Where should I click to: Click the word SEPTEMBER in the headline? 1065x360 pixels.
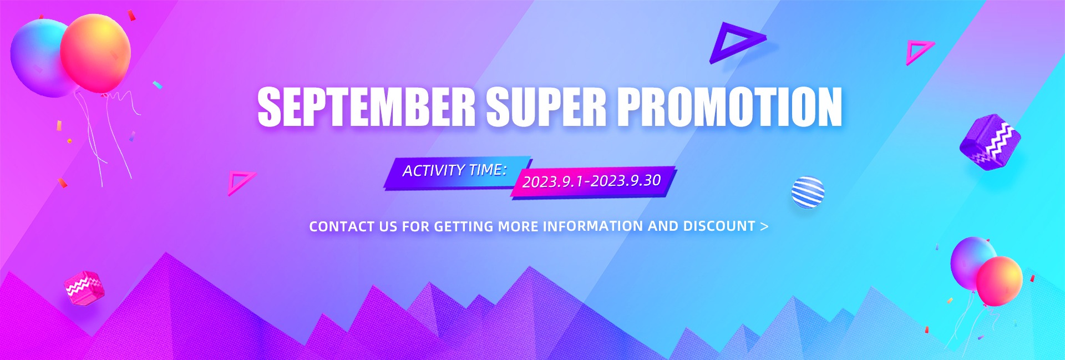(x=366, y=107)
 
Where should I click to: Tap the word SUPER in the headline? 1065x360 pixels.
(x=546, y=107)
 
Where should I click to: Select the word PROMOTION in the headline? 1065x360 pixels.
(x=730, y=107)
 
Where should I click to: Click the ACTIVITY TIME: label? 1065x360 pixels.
(x=454, y=170)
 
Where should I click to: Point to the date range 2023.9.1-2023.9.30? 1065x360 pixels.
(x=592, y=181)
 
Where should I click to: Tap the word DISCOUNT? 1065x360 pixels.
(x=719, y=226)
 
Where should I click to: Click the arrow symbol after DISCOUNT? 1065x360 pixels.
(x=764, y=226)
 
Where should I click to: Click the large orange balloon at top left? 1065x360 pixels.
(x=95, y=53)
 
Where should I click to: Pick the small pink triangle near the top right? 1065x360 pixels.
(x=919, y=52)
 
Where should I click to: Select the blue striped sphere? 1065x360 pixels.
(x=808, y=192)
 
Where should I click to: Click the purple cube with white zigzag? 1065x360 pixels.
(x=990, y=142)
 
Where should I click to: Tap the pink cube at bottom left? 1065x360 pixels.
(x=84, y=288)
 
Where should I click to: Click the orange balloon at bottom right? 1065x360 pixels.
(x=1000, y=281)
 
